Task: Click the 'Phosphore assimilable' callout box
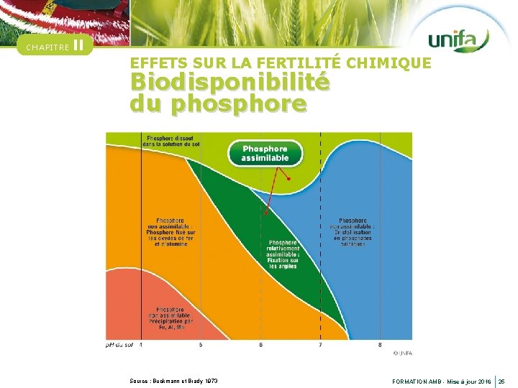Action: coord(265,153)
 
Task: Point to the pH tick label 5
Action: coord(201,346)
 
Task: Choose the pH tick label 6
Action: coord(261,346)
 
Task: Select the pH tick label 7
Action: coord(321,346)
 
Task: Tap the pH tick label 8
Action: coord(381,346)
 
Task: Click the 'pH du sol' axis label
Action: coord(119,346)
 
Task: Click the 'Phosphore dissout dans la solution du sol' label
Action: coord(172,141)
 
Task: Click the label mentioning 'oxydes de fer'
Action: coord(171,232)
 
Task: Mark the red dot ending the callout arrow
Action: coord(288,179)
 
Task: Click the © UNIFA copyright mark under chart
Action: coord(403,353)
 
